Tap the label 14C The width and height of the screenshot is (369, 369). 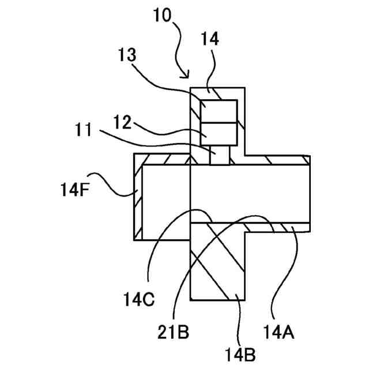(139, 300)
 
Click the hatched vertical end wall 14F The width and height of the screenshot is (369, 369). (137, 199)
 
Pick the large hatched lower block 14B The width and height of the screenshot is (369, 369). (218, 265)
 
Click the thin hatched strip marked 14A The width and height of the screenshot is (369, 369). (277, 228)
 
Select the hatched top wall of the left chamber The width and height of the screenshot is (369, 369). (161, 159)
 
